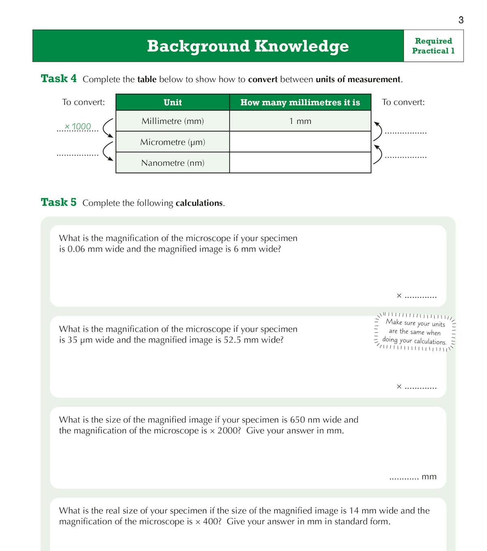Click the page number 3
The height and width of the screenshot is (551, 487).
coord(461,20)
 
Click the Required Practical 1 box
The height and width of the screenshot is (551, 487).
coord(433,46)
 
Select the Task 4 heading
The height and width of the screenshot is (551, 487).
coord(58,78)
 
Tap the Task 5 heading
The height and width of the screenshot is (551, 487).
coord(58,202)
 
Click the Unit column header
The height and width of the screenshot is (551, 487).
coord(172,102)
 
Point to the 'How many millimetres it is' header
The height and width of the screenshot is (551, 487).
coord(300,102)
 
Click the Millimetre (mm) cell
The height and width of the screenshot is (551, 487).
coord(172,121)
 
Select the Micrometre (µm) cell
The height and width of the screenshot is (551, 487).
coord(172,142)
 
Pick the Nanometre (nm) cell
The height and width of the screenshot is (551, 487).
coord(172,163)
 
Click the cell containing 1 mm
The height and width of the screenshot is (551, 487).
coord(300,121)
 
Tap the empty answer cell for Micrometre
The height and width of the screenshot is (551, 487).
coord(300,142)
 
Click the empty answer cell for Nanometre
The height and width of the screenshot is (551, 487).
coord(300,163)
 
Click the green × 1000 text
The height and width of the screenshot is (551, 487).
coord(78,127)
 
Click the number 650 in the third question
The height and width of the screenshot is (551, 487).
coord(297,420)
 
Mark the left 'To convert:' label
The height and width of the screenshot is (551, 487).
coord(83,102)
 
